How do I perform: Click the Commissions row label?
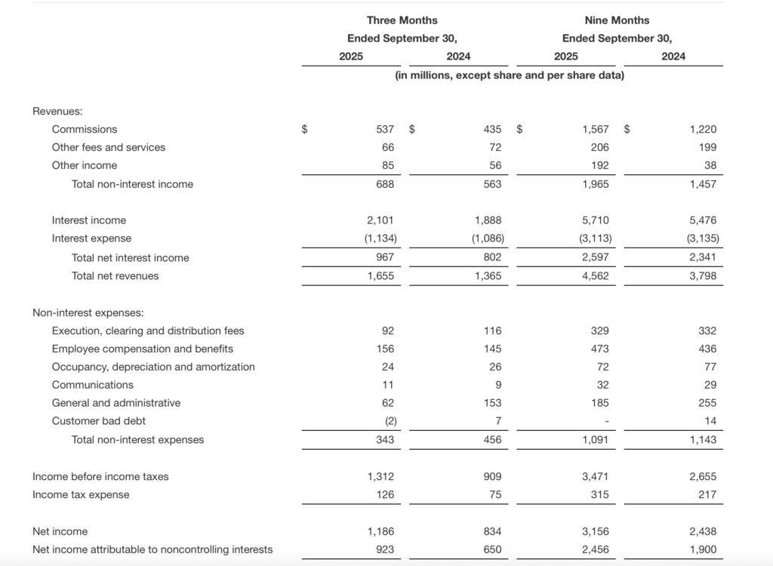[85, 129]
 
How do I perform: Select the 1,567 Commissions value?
[596, 129]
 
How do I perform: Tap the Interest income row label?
[89, 220]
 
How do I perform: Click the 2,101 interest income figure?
[380, 220]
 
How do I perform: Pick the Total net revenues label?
[115, 276]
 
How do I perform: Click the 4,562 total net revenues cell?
[596, 276]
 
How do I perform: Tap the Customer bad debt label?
[99, 421]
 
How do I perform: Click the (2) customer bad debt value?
[386, 421]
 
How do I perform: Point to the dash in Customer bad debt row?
[605, 422]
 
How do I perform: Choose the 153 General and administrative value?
[492, 403]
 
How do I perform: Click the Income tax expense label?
[81, 495]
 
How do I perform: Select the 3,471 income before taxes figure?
[596, 477]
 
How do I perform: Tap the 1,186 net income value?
[380, 531]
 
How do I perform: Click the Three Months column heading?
[402, 20]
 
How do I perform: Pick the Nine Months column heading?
[617, 20]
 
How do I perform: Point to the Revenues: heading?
[57, 111]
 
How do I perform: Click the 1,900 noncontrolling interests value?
[703, 549]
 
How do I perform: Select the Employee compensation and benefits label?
[143, 349]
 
